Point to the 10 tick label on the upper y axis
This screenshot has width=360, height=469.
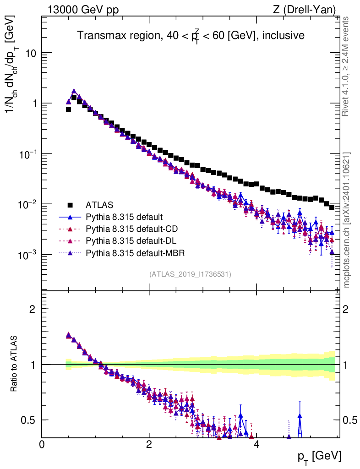30,53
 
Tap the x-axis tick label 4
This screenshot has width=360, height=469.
256,444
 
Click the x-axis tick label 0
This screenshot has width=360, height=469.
42,444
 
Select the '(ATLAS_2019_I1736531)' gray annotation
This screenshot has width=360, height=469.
190,274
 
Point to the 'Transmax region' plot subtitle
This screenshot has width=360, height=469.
191,35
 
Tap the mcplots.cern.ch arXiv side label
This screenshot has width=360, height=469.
347,220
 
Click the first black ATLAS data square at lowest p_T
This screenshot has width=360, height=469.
68,109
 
